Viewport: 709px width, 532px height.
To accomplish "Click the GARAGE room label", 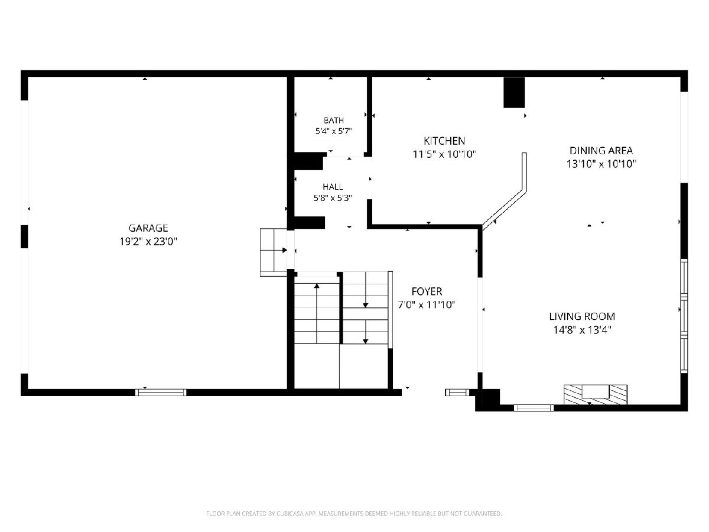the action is point(148,228).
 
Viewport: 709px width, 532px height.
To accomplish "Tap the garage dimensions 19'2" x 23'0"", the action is point(148,242).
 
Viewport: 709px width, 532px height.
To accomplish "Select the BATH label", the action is point(334,121).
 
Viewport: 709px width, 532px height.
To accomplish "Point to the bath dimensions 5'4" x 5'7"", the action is point(333,131).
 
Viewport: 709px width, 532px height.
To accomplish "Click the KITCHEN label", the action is point(444,141).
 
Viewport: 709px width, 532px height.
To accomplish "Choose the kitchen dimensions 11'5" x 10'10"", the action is point(444,154).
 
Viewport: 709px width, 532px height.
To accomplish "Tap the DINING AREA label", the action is point(601,151).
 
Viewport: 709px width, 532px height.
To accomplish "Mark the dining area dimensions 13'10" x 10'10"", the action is point(601,164).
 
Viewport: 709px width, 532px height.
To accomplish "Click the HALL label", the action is point(333,187).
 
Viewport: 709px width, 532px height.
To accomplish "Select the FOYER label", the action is point(427,291).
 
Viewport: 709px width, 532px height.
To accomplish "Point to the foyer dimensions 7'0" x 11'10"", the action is point(427,304).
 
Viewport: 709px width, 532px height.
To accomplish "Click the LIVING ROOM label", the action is point(582,316).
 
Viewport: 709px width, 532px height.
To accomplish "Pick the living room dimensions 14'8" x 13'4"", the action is point(582,330).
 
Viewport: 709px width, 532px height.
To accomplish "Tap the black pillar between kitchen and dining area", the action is point(514,92).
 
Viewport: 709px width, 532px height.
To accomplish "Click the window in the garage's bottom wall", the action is point(161,392).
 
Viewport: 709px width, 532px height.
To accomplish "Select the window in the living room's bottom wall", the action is point(534,408).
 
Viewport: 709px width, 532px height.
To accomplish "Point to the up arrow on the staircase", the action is point(317,313).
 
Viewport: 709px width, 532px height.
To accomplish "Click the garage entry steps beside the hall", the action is point(274,252).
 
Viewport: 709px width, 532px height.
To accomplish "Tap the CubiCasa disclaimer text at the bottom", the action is point(354,514).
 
